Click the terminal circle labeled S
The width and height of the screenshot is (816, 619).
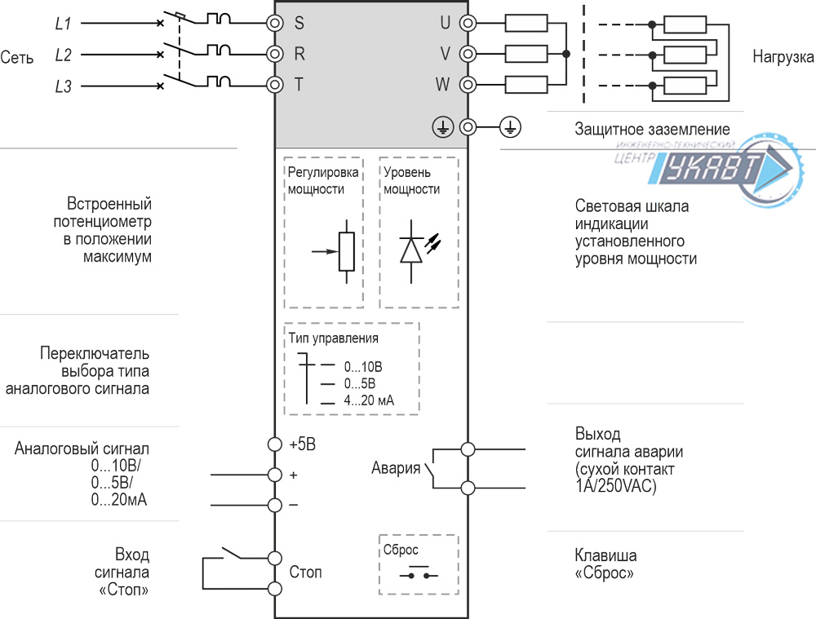275,23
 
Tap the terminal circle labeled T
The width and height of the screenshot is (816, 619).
275,84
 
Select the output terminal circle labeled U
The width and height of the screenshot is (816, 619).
468,23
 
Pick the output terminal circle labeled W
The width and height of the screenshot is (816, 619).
468,84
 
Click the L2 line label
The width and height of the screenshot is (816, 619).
63,55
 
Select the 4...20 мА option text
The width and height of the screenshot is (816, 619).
369,400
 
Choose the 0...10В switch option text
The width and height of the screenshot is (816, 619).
363,367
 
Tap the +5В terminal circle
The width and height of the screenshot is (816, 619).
275,444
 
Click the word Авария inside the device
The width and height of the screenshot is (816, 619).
396,468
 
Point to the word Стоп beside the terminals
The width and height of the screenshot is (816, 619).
305,573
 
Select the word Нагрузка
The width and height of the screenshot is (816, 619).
783,58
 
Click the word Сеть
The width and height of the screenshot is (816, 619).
17,58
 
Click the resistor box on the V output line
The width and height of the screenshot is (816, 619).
526,54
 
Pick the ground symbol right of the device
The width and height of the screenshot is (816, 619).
510,127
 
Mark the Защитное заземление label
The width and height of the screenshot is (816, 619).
652,130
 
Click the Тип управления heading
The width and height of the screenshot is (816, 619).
334,338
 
